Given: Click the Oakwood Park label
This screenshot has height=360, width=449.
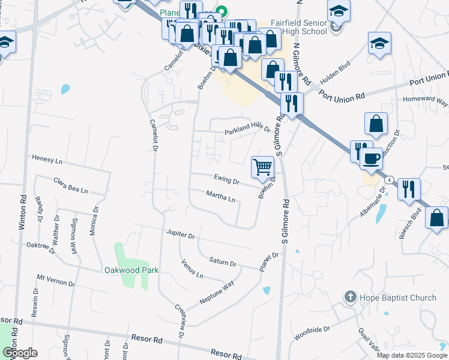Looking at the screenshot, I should tap(131, 270).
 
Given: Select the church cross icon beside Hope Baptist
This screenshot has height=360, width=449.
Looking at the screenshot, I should tap(351, 297).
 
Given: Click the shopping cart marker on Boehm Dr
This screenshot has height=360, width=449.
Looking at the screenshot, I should tap(262, 166).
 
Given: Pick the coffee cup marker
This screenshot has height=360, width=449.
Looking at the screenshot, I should tap(371, 158).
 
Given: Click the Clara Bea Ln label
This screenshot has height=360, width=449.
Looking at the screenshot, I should tap(70, 185).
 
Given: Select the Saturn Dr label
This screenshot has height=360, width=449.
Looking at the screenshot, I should tap(223, 262).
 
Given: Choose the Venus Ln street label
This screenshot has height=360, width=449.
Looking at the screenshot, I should tap(192, 268).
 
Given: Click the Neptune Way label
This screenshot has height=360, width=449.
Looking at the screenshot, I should tap(216, 293).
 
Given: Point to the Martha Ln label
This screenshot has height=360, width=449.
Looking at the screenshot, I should tap(220, 196).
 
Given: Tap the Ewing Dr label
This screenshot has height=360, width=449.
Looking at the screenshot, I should tap(227, 179).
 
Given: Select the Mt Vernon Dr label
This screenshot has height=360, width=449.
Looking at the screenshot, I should tap(55, 281).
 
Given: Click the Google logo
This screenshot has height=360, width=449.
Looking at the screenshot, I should tap(20, 352).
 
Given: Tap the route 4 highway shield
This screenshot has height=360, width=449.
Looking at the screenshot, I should tap(390, 179).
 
